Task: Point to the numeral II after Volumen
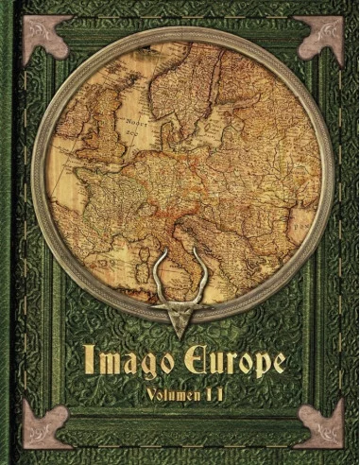[x=222, y=393]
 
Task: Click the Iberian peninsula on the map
[x=71, y=255]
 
